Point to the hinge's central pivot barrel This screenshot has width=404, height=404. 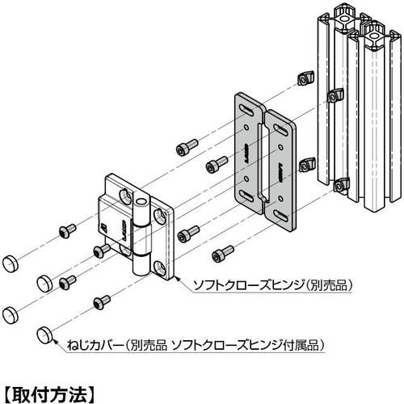coord(142,234)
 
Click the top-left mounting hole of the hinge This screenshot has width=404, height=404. coord(126,196)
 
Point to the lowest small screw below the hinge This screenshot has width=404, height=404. coord(102,303)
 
